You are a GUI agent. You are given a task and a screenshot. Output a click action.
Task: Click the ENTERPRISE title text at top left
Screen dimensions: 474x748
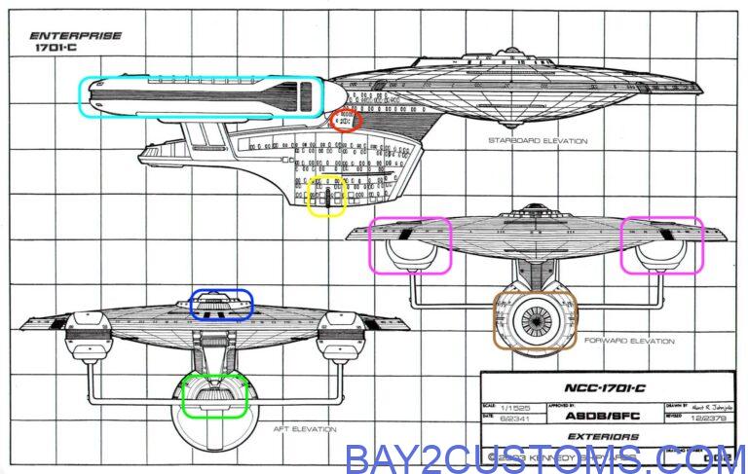click(x=77, y=36)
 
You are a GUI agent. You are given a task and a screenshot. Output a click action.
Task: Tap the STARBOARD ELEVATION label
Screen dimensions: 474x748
click(x=538, y=141)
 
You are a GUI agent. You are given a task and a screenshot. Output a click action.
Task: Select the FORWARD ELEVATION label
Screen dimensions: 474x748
click(x=629, y=342)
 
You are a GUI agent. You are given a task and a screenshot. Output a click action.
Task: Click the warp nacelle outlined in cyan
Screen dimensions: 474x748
click(x=203, y=98)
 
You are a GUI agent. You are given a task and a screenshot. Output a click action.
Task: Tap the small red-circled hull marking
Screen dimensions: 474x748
click(x=346, y=121)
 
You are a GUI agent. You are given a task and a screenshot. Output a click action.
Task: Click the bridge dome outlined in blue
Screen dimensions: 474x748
click(x=222, y=304)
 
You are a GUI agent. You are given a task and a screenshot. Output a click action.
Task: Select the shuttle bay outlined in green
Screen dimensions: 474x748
click(x=216, y=394)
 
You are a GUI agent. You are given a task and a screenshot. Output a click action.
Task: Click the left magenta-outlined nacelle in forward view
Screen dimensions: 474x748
click(x=410, y=244)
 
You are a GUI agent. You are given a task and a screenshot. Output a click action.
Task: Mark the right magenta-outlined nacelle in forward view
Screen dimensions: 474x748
click(x=662, y=244)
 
